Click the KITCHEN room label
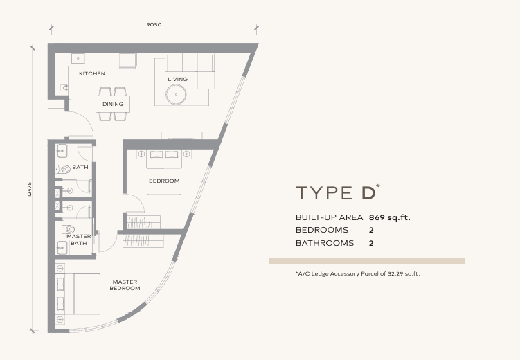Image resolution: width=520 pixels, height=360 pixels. coord(92,73)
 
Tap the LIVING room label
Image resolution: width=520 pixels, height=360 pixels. coord(177,79)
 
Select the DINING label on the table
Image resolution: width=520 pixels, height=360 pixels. coord(113,104)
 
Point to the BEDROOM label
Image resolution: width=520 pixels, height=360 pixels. coord(164,181)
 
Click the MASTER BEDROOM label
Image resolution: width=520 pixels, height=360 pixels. coord(125,285)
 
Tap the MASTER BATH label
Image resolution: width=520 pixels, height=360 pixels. coord(79,240)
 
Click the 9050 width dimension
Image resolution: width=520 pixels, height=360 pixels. coord(154,24)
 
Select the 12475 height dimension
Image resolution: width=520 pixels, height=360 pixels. coord(30,190)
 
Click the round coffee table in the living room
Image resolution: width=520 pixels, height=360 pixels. coord(177,95)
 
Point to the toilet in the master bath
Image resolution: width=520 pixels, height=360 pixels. coord(68,230)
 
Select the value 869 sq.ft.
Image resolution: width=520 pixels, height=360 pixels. coord(390,217)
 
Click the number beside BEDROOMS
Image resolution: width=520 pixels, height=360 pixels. coord(372,230)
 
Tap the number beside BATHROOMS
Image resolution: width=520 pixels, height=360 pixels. coord(372,243)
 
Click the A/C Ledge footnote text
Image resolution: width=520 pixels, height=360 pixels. coord(357,273)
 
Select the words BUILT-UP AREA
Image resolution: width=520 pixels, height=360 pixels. coord(329,217)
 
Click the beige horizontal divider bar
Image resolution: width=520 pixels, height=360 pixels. coord(367,261)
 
